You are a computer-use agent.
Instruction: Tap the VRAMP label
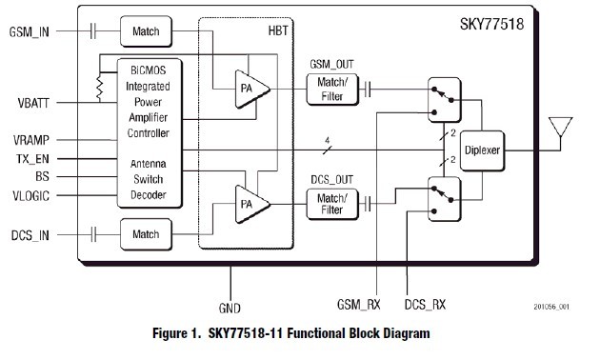pyautogui.click(x=31, y=139)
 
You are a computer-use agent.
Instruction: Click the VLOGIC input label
pyautogui.click(x=31, y=195)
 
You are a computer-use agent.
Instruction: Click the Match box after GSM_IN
pyautogui.click(x=146, y=31)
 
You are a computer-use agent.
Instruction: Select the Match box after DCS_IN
pyautogui.click(x=146, y=233)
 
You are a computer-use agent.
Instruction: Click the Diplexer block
pyautogui.click(x=485, y=149)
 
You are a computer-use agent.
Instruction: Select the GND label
pyautogui.click(x=230, y=309)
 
